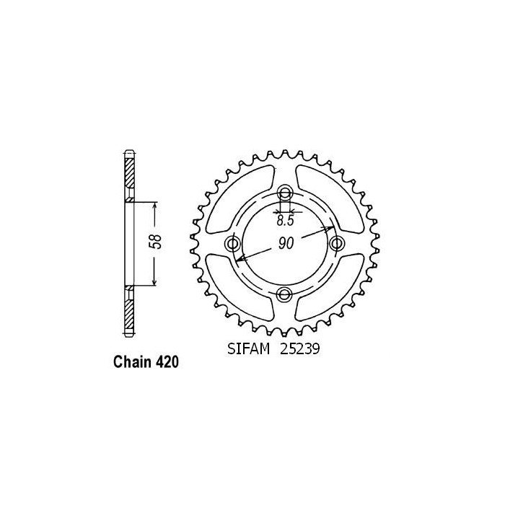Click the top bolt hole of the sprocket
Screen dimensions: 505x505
(x=285, y=193)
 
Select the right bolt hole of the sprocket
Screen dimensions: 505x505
(x=335, y=243)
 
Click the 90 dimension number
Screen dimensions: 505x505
(x=286, y=244)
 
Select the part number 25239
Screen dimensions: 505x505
(x=302, y=350)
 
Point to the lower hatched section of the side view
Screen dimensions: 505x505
(x=129, y=311)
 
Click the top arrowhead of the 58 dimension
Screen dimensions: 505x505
(x=155, y=206)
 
